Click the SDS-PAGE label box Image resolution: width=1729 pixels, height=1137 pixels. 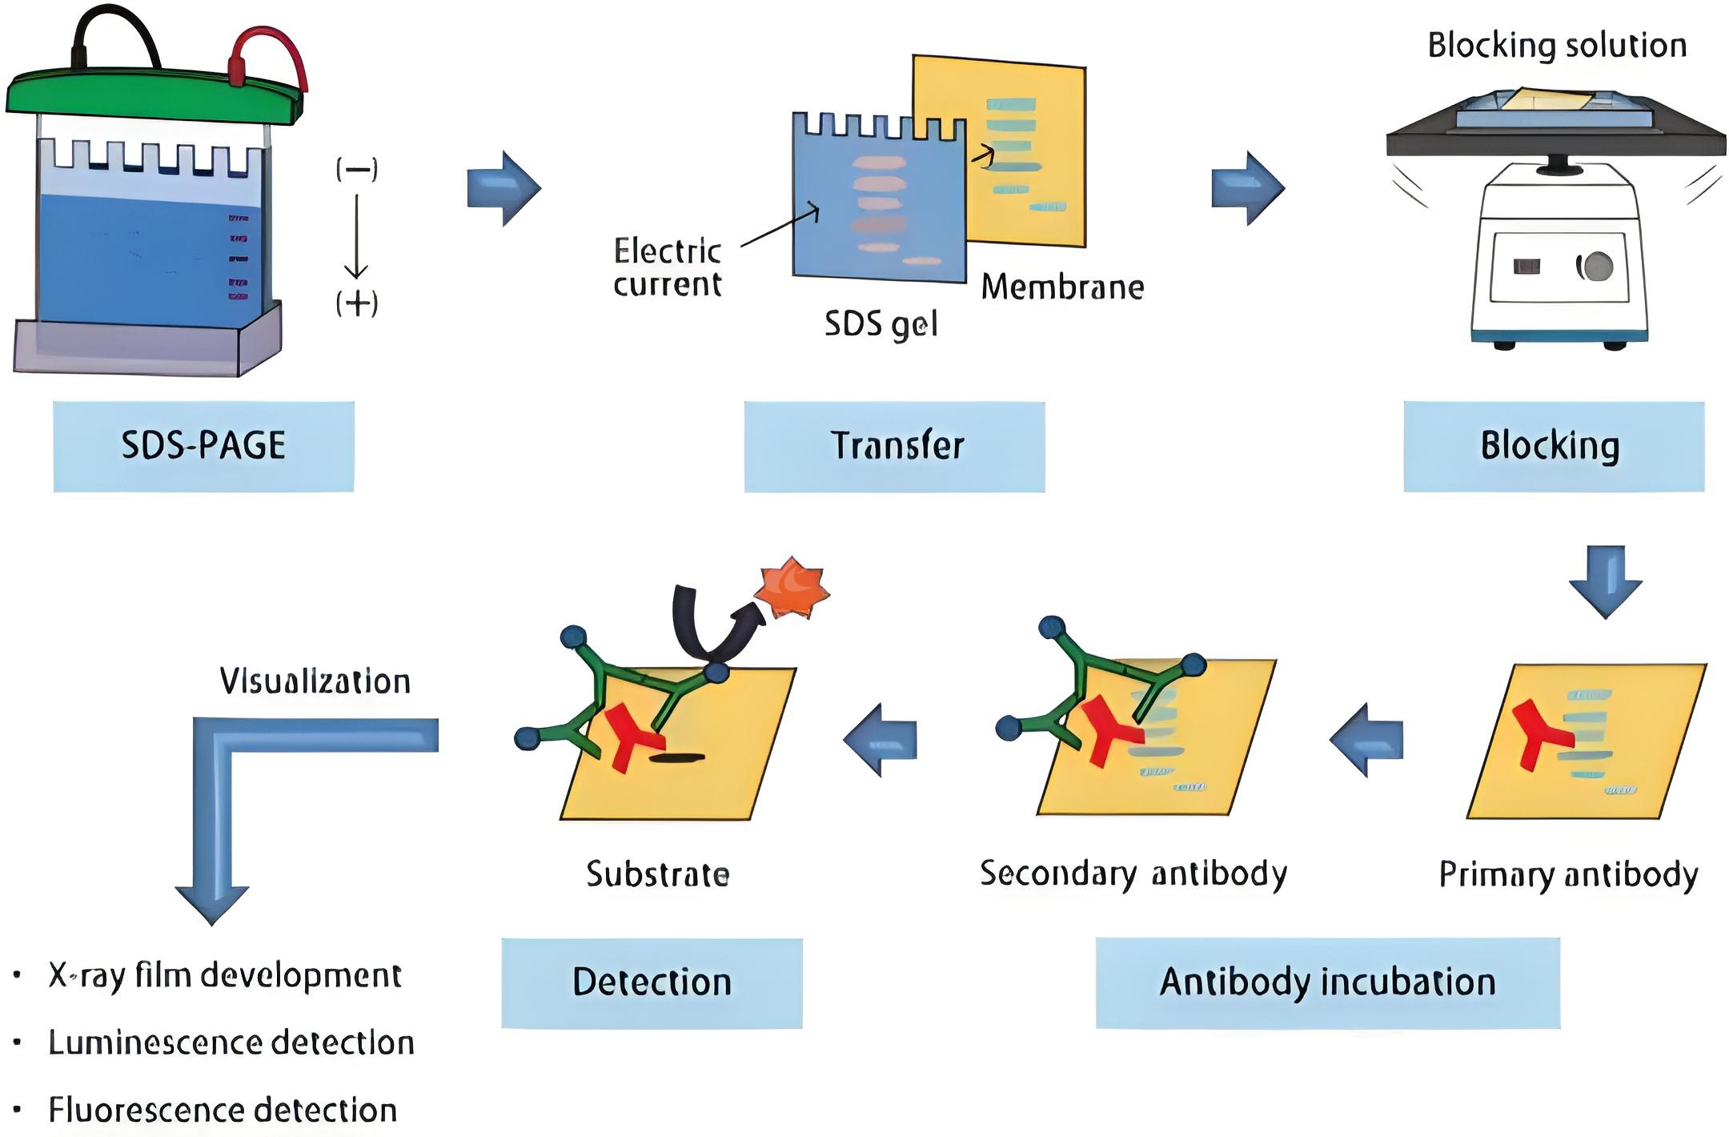(203, 446)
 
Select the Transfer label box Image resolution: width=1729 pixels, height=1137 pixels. (894, 446)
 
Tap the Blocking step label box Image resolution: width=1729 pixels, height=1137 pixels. (1553, 446)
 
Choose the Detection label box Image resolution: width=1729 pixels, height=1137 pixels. (652, 982)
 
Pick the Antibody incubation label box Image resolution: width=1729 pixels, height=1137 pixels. (1327, 982)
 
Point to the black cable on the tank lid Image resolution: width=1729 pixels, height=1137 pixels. (112, 24)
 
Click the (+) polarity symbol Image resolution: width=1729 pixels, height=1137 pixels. (357, 303)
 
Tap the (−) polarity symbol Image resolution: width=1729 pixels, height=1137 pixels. (357, 169)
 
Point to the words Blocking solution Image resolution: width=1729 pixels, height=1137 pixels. (1557, 46)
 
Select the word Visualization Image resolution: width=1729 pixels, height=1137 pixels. (315, 681)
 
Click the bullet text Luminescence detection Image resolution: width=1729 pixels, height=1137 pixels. (231, 1043)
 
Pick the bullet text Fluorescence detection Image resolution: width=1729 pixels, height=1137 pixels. (223, 1111)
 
